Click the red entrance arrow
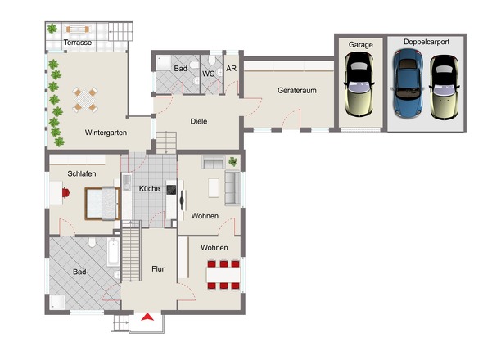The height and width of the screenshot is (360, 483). tap(147, 317)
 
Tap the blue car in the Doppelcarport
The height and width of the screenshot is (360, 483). tap(407, 83)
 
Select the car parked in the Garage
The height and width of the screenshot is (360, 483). tap(359, 84)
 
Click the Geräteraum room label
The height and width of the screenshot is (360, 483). tap(296, 91)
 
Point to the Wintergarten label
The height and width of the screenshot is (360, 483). tap(106, 133)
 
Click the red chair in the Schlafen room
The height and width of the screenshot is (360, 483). tap(66, 193)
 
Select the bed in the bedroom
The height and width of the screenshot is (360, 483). tap(102, 204)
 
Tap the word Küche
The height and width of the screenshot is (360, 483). tap(149, 188)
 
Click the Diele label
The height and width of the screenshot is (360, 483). tap(199, 121)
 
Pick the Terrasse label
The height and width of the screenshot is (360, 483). tap(78, 43)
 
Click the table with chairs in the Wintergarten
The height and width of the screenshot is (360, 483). tap(85, 100)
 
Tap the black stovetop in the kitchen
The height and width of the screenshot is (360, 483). tap(171, 190)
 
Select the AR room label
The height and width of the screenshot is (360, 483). tap(232, 69)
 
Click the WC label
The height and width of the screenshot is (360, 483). tap(208, 74)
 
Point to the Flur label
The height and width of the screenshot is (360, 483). tap(158, 269)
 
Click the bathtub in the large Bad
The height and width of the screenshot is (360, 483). tap(113, 253)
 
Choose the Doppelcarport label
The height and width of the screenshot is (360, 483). tap(427, 42)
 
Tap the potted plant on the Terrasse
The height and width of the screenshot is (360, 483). tap(52, 29)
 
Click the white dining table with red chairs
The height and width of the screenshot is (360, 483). tap(223, 275)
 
